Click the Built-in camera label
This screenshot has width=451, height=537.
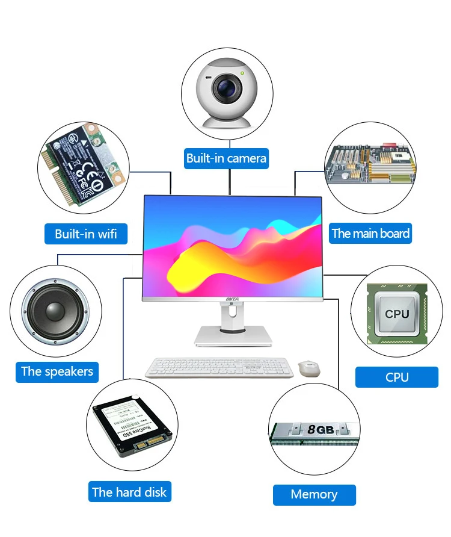[226, 158]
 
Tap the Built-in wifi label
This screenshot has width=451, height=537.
[86, 234]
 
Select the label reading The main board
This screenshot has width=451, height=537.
[370, 233]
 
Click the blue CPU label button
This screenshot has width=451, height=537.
[397, 377]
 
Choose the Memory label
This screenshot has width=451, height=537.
[314, 494]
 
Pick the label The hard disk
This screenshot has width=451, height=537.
[129, 492]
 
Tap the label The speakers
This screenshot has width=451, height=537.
[57, 371]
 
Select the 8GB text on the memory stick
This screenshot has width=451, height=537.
[320, 430]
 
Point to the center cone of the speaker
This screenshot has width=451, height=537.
[54, 312]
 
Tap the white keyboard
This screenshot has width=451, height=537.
[219, 367]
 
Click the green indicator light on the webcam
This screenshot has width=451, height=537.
[242, 73]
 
